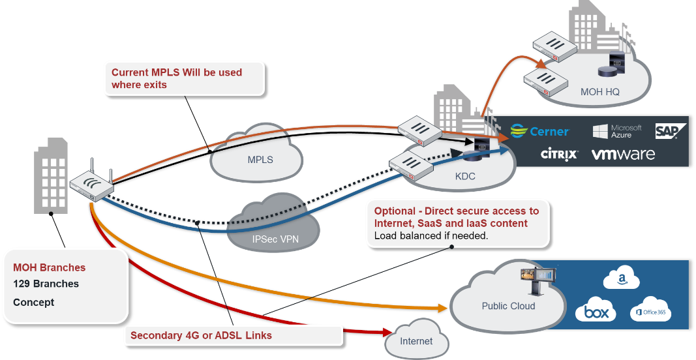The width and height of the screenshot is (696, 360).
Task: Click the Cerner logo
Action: tap(539, 131)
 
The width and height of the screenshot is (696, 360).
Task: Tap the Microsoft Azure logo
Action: tap(617, 131)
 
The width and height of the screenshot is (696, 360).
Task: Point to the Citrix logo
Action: tap(559, 155)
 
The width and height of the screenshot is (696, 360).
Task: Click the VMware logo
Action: tap(623, 155)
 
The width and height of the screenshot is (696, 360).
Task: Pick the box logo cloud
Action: tap(596, 312)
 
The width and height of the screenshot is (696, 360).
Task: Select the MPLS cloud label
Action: tap(260, 160)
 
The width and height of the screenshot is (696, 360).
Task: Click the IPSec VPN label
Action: tap(275, 239)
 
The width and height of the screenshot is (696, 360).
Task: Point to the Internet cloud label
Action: tap(416, 341)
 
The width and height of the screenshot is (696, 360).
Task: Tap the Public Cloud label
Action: tap(508, 306)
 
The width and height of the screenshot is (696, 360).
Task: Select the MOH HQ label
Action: tap(599, 92)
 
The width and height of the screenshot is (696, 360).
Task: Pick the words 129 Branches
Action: tap(46, 284)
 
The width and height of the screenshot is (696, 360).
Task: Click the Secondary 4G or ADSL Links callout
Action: tap(201, 335)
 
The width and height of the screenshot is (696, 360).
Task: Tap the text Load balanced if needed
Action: tap(431, 235)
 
